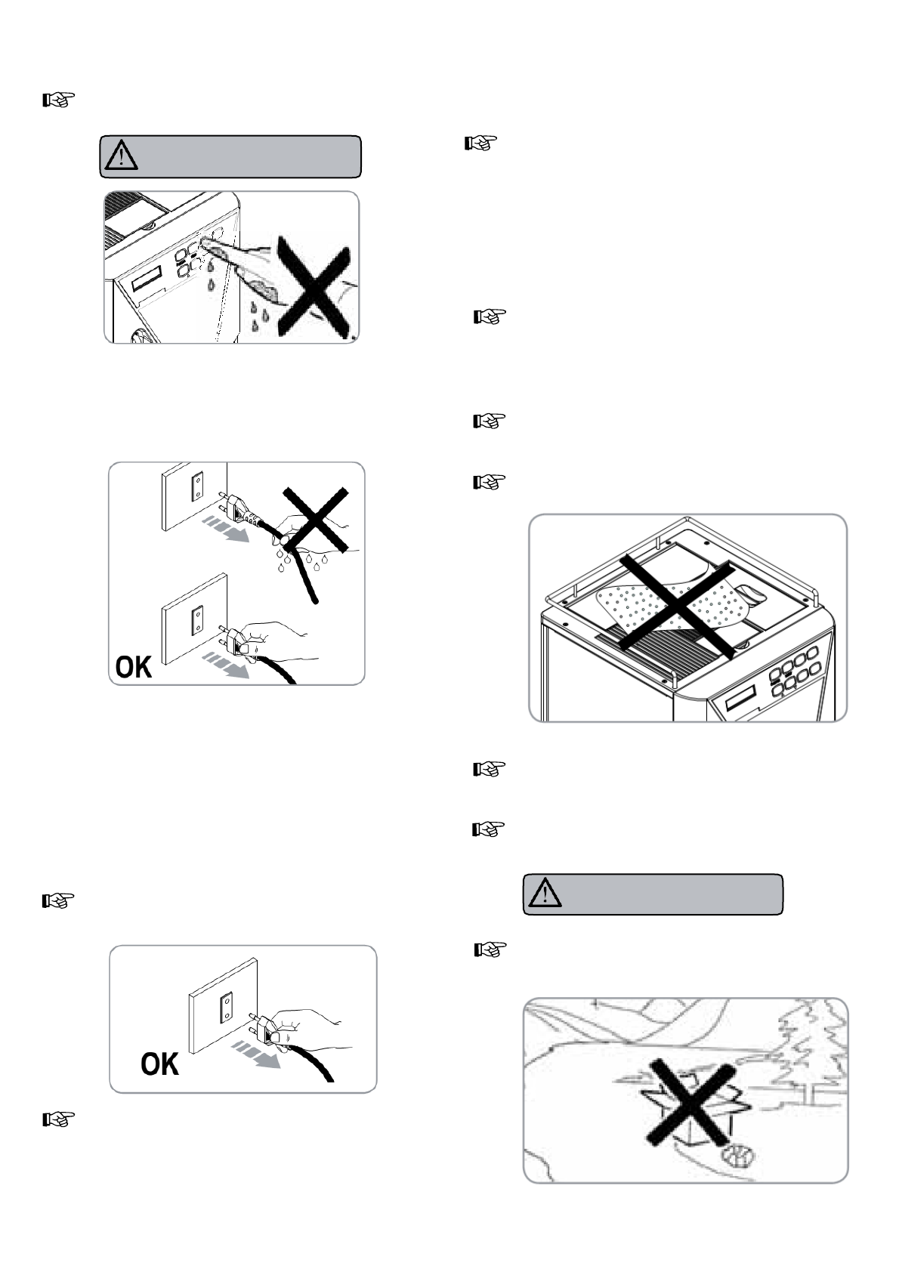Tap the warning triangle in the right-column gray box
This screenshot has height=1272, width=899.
point(542,894)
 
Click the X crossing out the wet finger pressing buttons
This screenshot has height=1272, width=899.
point(313,285)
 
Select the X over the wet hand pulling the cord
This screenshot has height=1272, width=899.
point(316,521)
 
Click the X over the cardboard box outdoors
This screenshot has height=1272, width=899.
point(690,1104)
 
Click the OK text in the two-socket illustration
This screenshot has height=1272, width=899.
point(134,667)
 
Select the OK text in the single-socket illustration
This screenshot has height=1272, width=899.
point(159,1065)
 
